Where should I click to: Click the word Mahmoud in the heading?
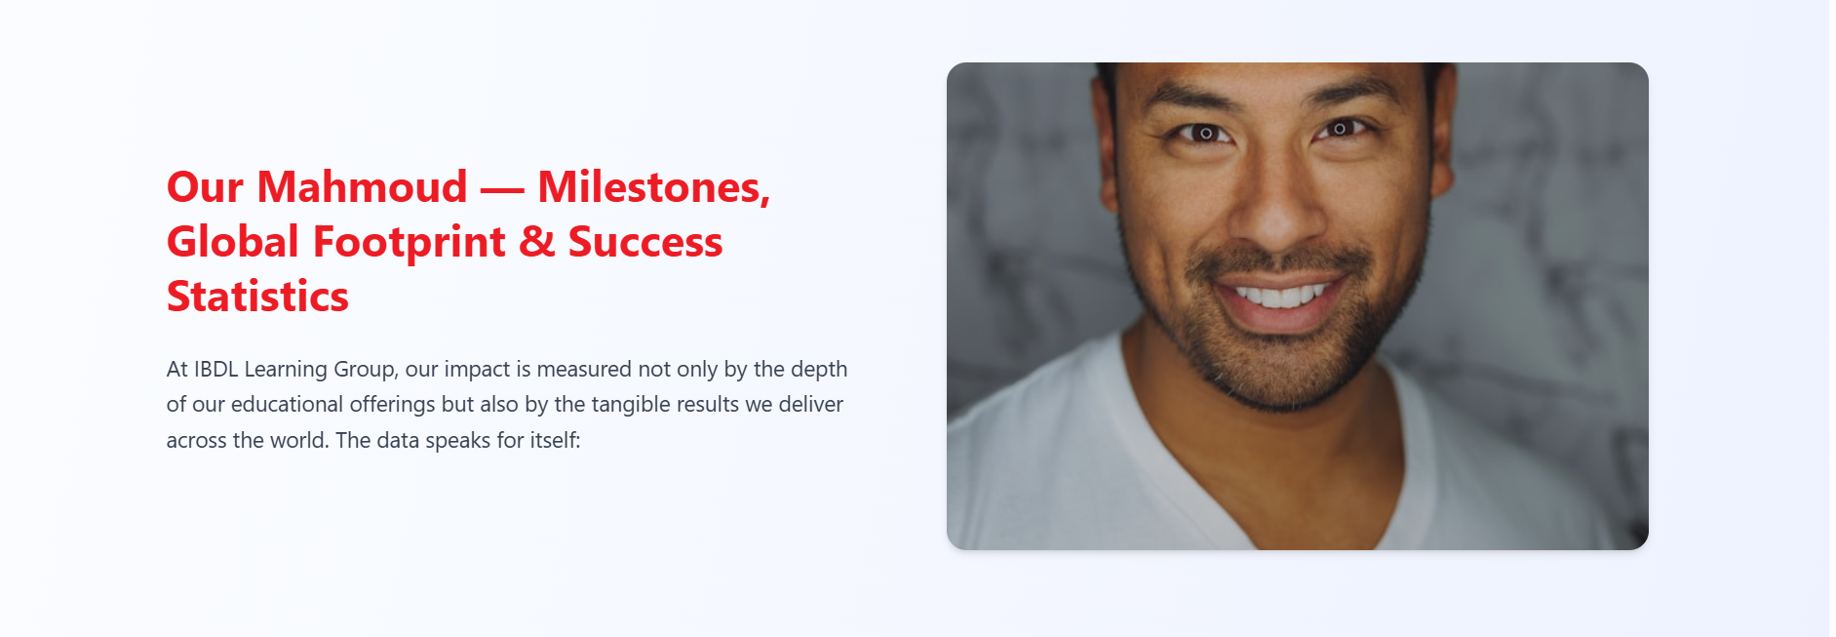click(362, 186)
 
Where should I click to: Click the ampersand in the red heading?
click(537, 242)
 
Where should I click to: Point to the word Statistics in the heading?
click(257, 297)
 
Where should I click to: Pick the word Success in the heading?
click(645, 242)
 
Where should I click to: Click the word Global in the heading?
click(233, 241)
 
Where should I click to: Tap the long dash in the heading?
click(502, 189)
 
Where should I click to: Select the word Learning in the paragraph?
click(286, 371)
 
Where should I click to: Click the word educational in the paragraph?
click(288, 404)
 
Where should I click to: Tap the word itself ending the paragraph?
click(555, 440)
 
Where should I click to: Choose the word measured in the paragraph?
click(584, 369)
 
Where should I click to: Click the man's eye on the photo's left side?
click(1205, 133)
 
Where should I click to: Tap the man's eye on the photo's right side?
click(1340, 129)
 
